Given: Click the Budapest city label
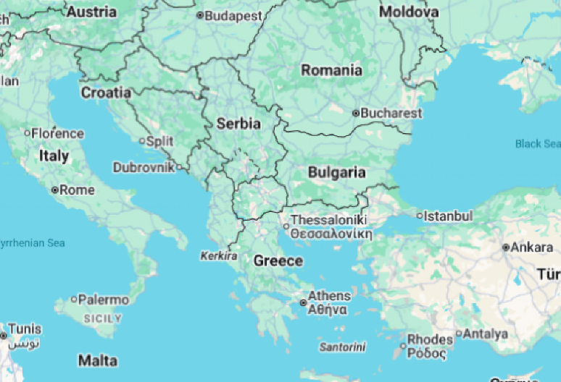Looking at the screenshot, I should tap(233, 15).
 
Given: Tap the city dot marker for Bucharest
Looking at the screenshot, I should tap(356, 113).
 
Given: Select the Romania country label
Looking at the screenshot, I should tap(332, 70).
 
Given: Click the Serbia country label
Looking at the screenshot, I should tap(238, 124).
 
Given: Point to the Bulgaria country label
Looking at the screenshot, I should tap(337, 172).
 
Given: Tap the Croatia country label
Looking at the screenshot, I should tap(106, 93).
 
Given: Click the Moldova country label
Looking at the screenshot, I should tap(409, 12).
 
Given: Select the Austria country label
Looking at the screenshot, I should tap(91, 12).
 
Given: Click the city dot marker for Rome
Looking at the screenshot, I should tap(55, 190).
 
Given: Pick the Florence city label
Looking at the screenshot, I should tap(57, 133).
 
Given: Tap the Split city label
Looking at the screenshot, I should tap(159, 141).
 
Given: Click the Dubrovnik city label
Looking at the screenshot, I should tap(144, 167).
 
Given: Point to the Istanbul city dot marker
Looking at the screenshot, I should tap(420, 216).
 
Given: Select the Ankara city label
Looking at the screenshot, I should tap(532, 247).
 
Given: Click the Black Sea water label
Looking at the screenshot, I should tap(538, 143).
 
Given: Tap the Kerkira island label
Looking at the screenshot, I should tap(219, 256).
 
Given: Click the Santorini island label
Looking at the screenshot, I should tap(343, 347).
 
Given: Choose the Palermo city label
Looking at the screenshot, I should tap(104, 300).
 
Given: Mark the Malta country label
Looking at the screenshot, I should tap(98, 360).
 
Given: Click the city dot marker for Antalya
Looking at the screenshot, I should tap(458, 334).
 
